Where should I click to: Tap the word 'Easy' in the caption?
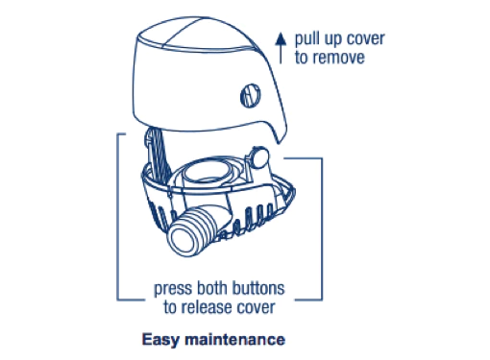[161, 339]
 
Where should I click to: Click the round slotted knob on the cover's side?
[247, 97]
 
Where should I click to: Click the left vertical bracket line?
[117, 216]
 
